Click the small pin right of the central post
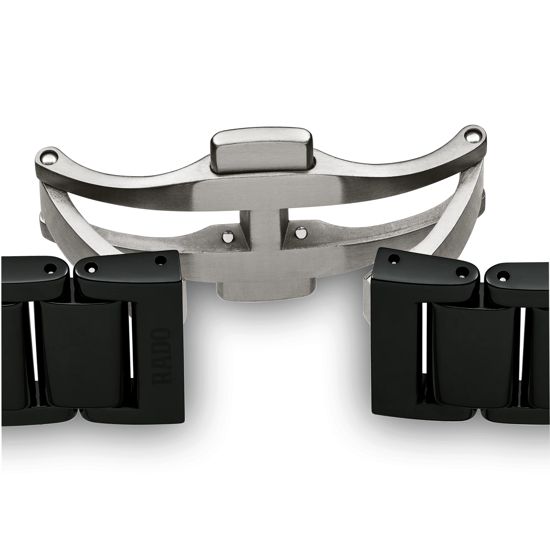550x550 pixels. [299, 233]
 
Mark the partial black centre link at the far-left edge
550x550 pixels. [11, 356]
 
